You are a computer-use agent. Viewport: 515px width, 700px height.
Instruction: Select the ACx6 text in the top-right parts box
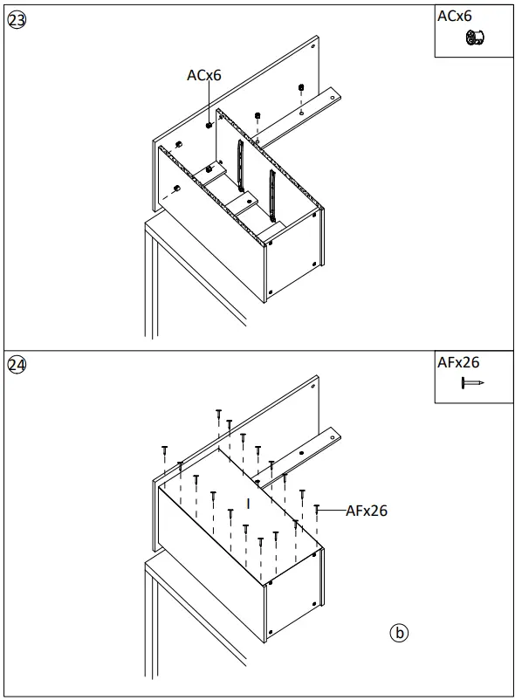454,17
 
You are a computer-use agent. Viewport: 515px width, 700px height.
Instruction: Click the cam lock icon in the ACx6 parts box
476,38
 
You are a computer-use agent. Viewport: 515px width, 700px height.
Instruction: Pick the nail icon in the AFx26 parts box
472,382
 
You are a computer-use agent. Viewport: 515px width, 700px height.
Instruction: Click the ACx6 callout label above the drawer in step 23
203,75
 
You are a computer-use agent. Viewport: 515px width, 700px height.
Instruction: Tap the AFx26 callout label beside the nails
366,511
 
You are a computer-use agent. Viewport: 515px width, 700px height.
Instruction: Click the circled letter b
399,632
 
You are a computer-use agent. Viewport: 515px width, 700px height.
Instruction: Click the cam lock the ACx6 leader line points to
209,125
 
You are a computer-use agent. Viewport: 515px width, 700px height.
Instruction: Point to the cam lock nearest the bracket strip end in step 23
301,87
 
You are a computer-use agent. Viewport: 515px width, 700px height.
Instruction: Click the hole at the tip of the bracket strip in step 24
302,454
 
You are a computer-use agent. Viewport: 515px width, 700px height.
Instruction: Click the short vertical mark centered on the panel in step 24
249,503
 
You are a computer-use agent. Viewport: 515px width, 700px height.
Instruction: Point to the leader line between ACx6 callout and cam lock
209,102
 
